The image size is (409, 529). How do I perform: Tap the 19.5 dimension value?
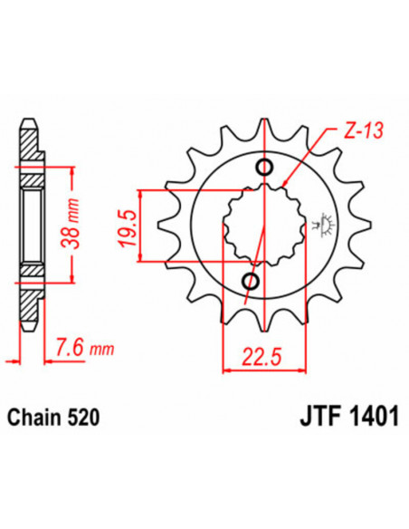[151, 226]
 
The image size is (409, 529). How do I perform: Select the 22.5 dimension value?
[260, 357]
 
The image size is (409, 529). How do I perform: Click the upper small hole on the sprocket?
[265, 167]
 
